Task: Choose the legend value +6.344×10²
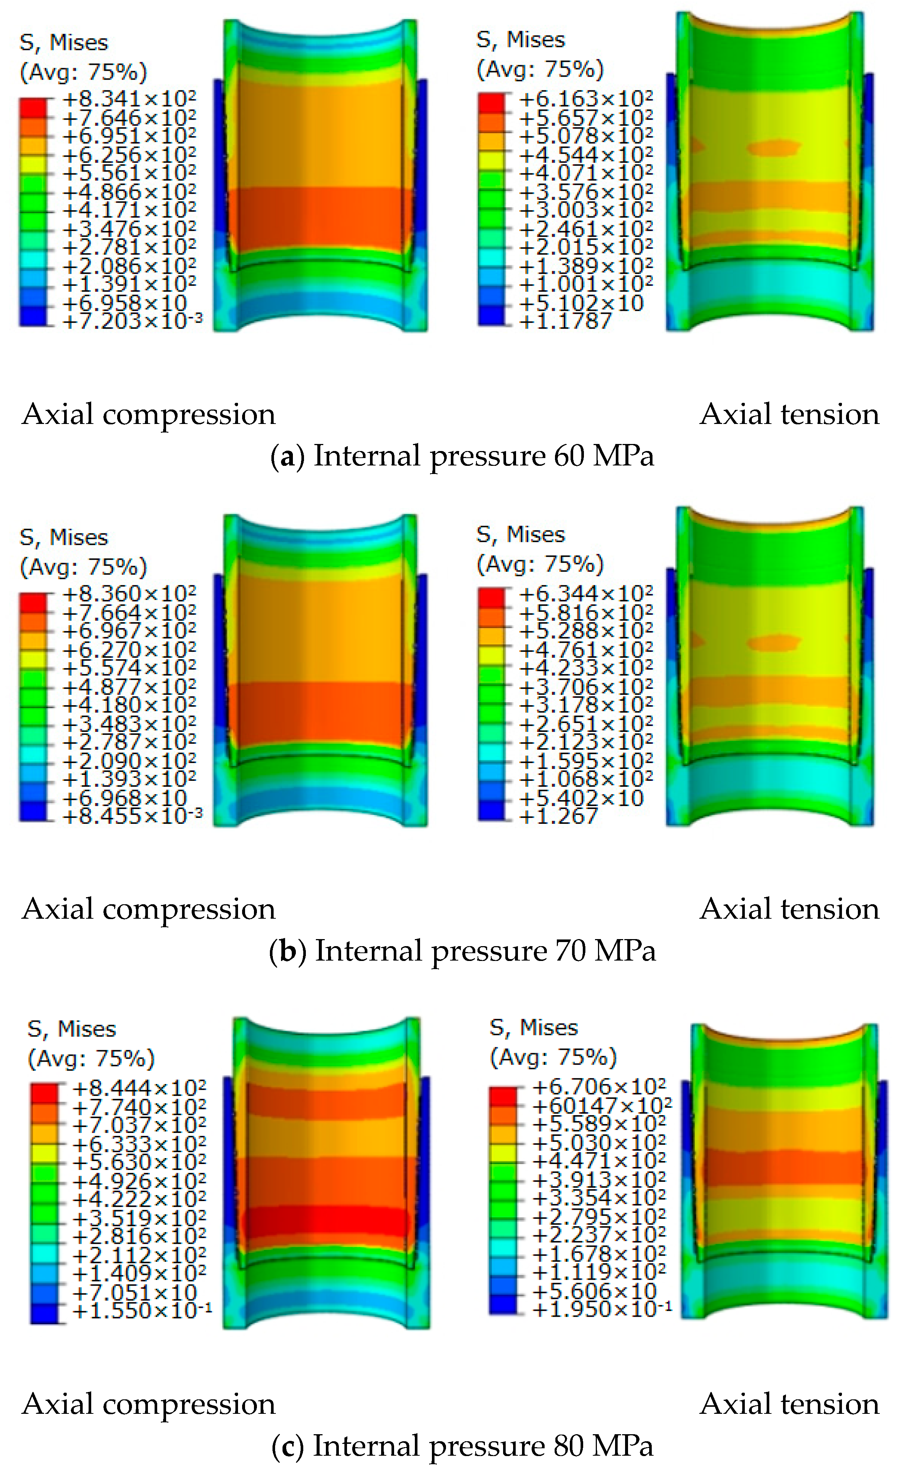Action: point(586,594)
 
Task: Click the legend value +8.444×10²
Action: point(139,1087)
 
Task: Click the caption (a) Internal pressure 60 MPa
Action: point(462,456)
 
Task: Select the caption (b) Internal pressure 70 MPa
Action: point(462,951)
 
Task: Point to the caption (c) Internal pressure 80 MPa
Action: point(462,1446)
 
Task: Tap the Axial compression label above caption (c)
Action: point(149,1404)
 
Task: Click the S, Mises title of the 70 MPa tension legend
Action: point(520,534)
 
